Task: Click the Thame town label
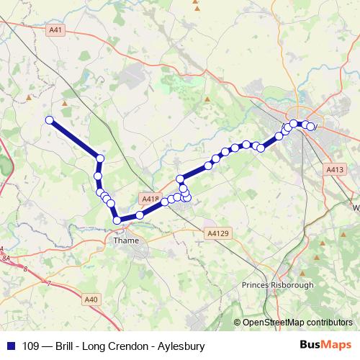[126, 241]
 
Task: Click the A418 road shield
[150, 198]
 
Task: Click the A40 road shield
[91, 299]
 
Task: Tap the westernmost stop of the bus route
[50, 120]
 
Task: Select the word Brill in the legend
[60, 346]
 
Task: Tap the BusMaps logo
[325, 346]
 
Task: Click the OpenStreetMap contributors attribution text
[297, 323]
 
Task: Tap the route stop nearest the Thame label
[117, 220]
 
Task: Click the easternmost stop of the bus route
[312, 127]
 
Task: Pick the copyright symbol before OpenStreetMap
[238, 323]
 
